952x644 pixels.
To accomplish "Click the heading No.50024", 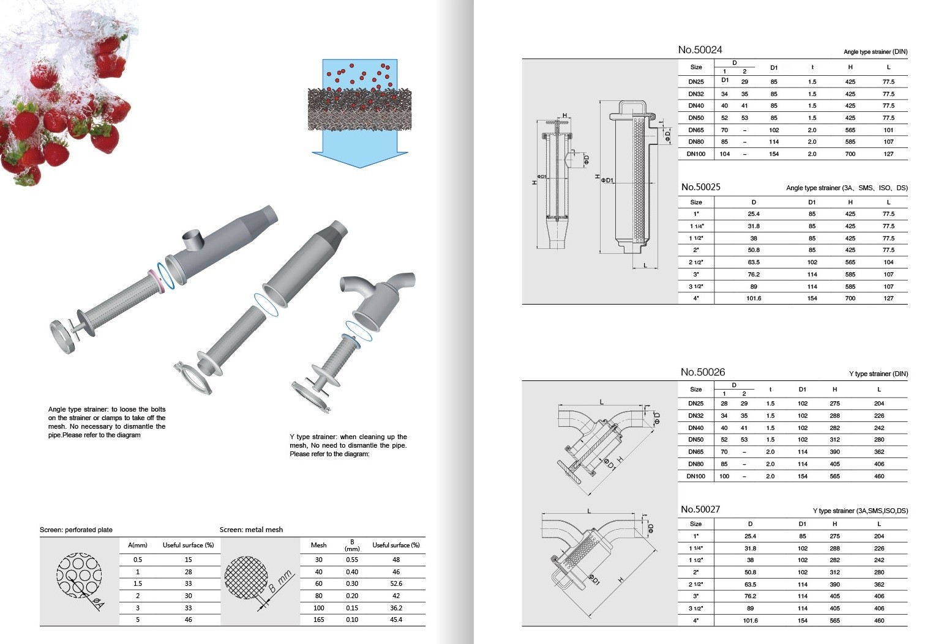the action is pos(700,50).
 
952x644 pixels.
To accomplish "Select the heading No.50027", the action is pos(700,509).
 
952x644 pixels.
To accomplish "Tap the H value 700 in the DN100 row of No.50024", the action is pos(850,154).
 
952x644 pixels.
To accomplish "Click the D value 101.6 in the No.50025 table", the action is pos(754,298).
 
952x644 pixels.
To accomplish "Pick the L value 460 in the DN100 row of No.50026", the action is pos(879,476).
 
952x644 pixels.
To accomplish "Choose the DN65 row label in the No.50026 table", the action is pos(695,452).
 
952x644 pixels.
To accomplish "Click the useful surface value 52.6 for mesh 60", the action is pos(396,583).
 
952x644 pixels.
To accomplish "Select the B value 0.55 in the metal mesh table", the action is pos(352,560).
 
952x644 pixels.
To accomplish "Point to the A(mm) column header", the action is pos(138,546).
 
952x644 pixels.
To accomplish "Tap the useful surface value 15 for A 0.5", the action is pos(189,560).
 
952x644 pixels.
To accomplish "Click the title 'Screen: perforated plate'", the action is pos(76,530).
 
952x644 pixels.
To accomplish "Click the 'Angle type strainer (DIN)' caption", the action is pos(875,52).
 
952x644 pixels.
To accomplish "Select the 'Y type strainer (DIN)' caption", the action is pos(879,374).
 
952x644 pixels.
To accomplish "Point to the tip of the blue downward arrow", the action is pos(360,168).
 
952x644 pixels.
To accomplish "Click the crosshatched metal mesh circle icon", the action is pos(246,578).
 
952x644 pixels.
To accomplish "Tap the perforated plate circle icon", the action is pos(79,576).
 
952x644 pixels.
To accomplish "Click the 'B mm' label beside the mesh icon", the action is pos(281,582).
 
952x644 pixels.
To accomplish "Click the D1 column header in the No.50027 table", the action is pos(803,524).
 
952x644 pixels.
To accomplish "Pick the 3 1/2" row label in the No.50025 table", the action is pos(695,287).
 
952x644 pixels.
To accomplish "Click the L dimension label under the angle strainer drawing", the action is pos(645,265).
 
